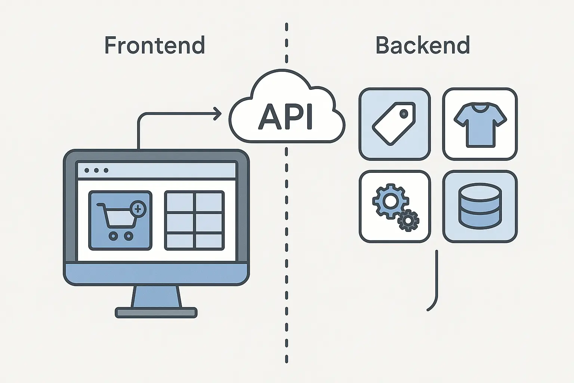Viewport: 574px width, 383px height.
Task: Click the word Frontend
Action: [154, 45]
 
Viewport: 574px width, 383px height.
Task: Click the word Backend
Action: [422, 45]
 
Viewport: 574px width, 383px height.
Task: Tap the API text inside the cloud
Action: [286, 117]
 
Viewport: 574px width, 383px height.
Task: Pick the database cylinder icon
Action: [480, 206]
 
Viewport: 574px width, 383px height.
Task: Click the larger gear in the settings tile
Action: [390, 201]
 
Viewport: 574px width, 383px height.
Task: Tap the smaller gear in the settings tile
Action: [408, 220]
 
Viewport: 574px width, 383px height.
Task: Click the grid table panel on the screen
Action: [194, 220]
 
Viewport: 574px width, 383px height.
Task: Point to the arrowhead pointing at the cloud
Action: [217, 114]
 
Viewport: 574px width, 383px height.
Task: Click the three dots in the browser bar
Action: [96, 171]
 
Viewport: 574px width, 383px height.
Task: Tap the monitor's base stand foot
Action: [156, 312]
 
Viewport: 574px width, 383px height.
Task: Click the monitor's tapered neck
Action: [156, 297]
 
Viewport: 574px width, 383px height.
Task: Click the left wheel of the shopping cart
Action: [112, 236]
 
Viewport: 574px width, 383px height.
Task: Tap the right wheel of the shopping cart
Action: [128, 236]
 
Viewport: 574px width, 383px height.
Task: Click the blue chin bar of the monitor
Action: [156, 274]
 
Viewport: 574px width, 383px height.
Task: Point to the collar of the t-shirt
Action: [480, 108]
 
